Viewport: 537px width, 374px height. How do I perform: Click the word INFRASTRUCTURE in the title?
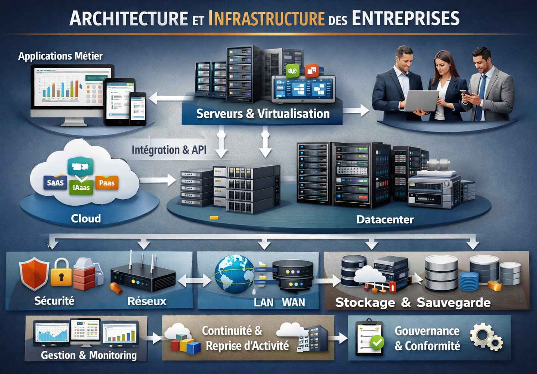(x=266, y=19)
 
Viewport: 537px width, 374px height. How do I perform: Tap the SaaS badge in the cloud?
(x=55, y=183)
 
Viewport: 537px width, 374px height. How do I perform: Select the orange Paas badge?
(x=107, y=183)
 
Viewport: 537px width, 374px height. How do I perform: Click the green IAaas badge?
(x=81, y=187)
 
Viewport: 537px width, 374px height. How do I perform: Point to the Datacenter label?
(x=385, y=219)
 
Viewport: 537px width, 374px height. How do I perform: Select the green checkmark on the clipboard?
(x=377, y=341)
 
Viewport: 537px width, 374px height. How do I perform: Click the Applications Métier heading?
(x=60, y=56)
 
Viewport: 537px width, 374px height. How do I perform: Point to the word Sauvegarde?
(x=453, y=302)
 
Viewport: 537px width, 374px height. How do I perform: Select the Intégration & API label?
(x=169, y=150)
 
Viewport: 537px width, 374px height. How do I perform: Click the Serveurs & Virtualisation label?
(x=263, y=113)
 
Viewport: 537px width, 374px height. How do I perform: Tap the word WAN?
(x=293, y=302)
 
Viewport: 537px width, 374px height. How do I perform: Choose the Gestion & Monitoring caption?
(x=89, y=355)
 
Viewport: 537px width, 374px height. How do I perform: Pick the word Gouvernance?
(x=427, y=331)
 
